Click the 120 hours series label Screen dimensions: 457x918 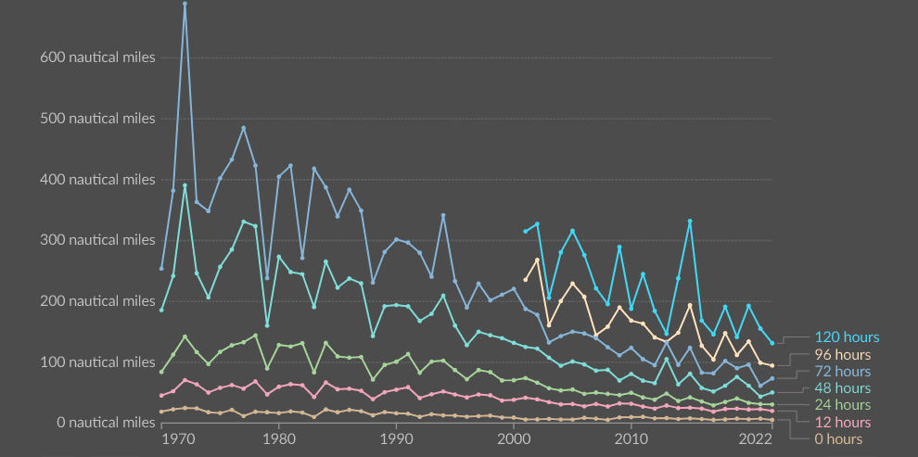coord(847,337)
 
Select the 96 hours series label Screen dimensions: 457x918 coord(842,355)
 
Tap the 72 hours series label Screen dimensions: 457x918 coord(842,372)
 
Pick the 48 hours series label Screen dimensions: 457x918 coord(842,388)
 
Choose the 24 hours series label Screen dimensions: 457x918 coord(842,405)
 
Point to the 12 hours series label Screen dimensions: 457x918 coord(842,423)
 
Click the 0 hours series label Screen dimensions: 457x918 coord(838,439)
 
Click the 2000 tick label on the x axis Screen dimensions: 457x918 coord(513,438)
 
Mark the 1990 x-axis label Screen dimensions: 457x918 coord(396,438)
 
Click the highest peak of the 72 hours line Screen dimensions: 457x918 coord(185,4)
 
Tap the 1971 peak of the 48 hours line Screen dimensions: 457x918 coord(185,185)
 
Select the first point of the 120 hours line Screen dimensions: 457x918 coord(525,231)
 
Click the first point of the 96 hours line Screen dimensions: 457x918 coord(525,280)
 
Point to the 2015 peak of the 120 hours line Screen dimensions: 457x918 coord(690,222)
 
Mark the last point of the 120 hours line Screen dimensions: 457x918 coord(771,343)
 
